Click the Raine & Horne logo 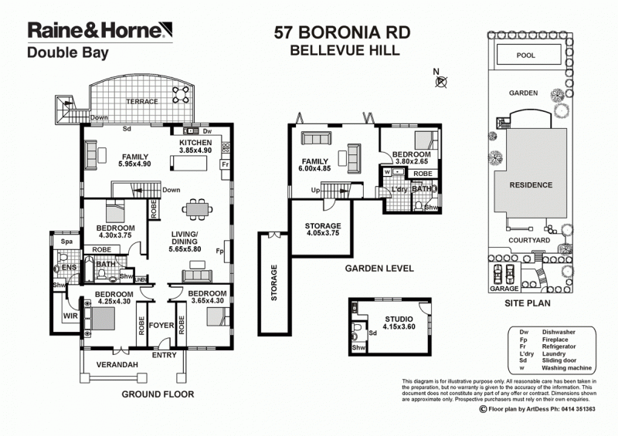(x=96, y=31)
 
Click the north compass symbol (x=440, y=80)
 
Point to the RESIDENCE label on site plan (x=530, y=185)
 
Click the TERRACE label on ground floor (x=142, y=101)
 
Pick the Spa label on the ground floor (x=66, y=242)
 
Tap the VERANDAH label (x=117, y=364)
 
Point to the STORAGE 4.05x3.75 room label (x=323, y=229)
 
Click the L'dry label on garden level (x=399, y=189)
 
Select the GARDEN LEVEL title (x=379, y=269)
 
